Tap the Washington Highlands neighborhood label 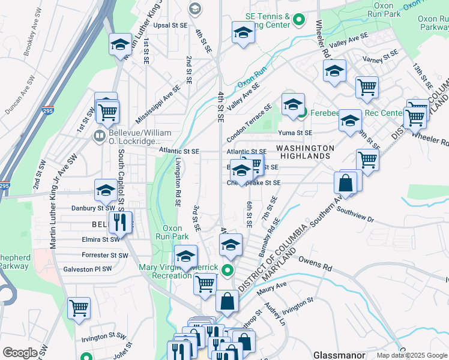tap(305, 152)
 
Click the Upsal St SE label tap(170, 26)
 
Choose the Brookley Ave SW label tap(34, 41)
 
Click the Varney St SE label tap(380, 58)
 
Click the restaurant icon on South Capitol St tap(120, 223)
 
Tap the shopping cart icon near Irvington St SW tap(79, 308)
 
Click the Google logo tap(20, 353)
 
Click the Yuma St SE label tap(295, 133)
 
